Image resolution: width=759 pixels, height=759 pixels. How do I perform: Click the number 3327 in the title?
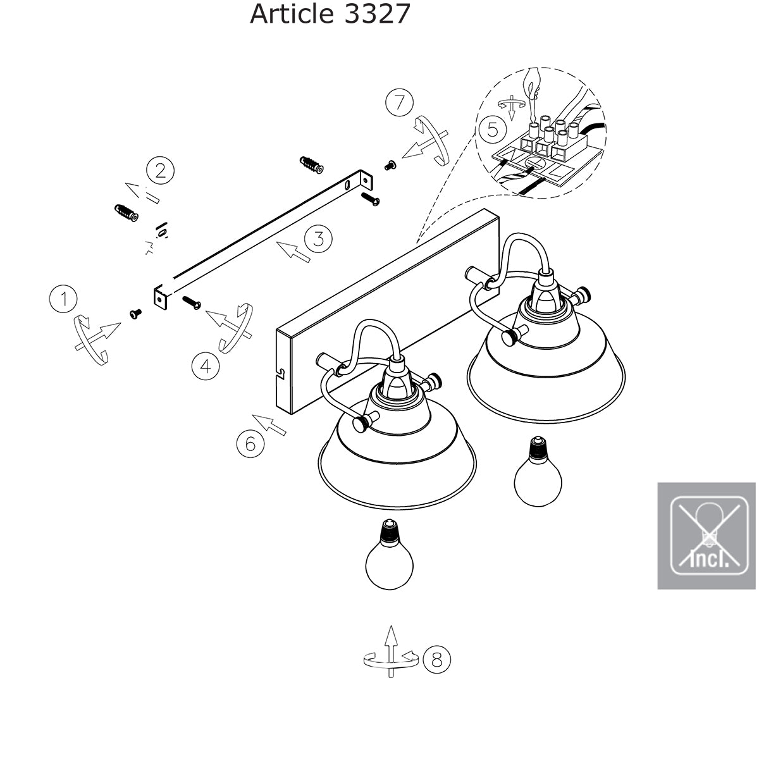[x=378, y=14]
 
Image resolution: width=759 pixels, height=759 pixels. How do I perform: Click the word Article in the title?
[x=293, y=14]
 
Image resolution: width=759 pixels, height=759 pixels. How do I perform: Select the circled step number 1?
[x=63, y=299]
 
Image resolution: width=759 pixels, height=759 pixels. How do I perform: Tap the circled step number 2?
[x=160, y=171]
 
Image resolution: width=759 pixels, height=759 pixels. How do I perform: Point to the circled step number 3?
[x=318, y=238]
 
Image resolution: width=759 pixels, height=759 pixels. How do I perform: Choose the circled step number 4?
[x=206, y=366]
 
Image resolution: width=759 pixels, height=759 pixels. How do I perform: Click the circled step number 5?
[x=492, y=130]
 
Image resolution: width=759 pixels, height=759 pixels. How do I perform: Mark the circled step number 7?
[x=399, y=102]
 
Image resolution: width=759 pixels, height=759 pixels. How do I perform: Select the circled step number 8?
[x=436, y=660]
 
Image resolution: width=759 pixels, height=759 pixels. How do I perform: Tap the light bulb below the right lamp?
[x=538, y=474]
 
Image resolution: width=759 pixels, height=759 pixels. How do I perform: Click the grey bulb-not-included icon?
[x=707, y=535]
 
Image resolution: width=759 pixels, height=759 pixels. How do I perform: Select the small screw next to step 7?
[x=390, y=166]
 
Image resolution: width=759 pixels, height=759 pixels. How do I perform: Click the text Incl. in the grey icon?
[x=707, y=558]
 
